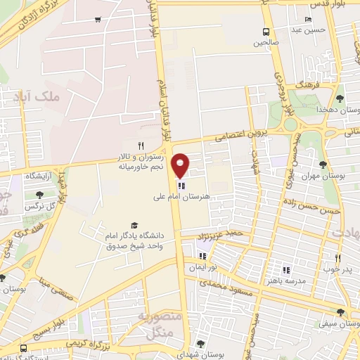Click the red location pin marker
click(x=181, y=165)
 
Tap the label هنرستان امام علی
click(x=186, y=198)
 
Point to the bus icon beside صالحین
click(x=266, y=32)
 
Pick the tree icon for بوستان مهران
click(x=323, y=165)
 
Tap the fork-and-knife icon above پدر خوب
click(x=337, y=258)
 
